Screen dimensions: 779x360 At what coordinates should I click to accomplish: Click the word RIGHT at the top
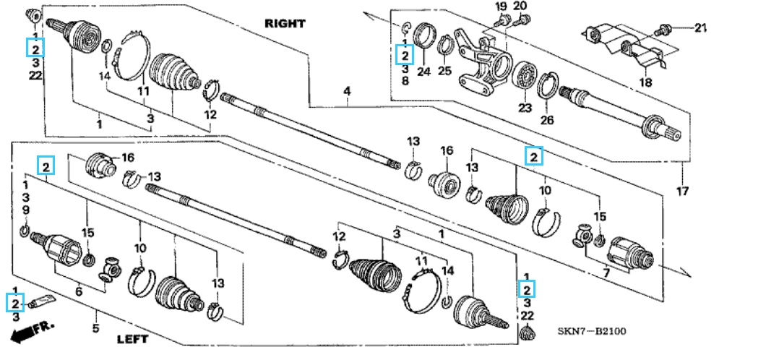click(x=285, y=23)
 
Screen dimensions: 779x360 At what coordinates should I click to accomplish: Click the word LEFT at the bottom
click(x=132, y=340)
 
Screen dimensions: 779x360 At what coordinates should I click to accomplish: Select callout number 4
click(x=348, y=92)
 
